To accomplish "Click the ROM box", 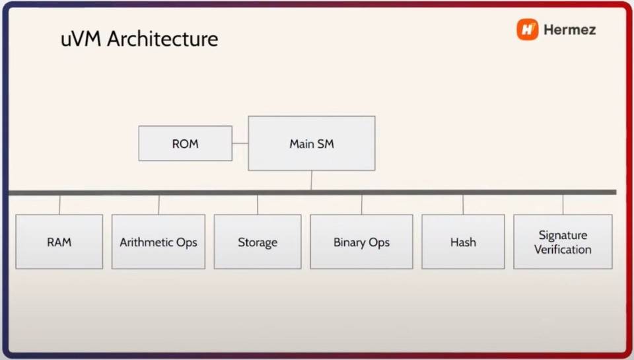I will pos(185,143).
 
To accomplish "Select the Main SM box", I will pos(311,143).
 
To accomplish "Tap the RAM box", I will pos(59,242).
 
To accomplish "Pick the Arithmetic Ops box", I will pos(158,242).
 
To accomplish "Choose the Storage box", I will pos(257,242).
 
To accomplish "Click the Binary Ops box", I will pos(361,242).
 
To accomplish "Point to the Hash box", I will pos(463,242).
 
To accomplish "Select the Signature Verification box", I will pos(563,242).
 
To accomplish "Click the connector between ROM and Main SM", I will pos(240,143).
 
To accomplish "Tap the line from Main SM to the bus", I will pos(311,180).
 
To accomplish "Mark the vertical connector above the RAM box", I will pos(59,204).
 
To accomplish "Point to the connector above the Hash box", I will pos(463,204).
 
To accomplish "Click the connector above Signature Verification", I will pos(563,204).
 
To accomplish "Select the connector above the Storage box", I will pos(258,204).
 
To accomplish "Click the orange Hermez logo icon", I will pos(527,29).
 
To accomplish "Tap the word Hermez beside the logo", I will pos(569,30).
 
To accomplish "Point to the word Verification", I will pos(563,250).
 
